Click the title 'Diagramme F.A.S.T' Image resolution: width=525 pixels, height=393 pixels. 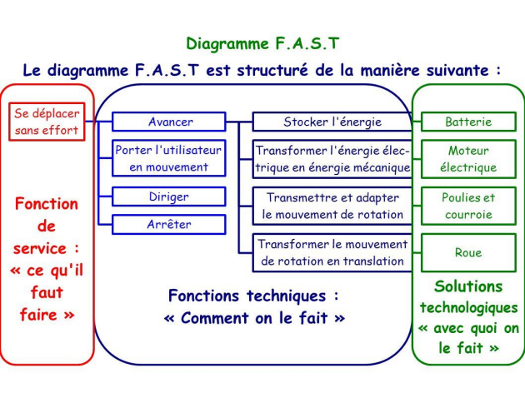click(x=262, y=43)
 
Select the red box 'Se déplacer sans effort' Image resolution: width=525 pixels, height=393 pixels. click(x=47, y=122)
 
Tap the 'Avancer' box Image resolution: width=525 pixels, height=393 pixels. click(x=170, y=122)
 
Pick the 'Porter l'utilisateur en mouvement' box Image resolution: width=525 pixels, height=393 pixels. click(x=170, y=159)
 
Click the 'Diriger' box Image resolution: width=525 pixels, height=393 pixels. click(x=170, y=197)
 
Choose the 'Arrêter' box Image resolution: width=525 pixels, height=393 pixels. click(x=170, y=224)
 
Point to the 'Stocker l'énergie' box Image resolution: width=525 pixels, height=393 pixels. click(x=332, y=122)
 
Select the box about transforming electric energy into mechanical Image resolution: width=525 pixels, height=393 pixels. click(x=332, y=159)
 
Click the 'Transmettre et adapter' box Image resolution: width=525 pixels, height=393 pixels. click(x=332, y=206)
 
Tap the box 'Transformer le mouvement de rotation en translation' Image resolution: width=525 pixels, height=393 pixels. click(x=332, y=252)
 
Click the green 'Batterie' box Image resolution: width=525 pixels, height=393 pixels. click(x=468, y=122)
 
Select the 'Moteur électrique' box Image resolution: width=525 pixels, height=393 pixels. click(x=468, y=159)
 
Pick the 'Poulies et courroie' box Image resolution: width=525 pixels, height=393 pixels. click(x=468, y=206)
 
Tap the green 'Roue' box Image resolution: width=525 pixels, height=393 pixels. click(x=468, y=252)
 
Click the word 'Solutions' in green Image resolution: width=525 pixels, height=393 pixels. click(x=468, y=286)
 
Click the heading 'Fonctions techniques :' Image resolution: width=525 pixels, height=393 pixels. click(x=253, y=296)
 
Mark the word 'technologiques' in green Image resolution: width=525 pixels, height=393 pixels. click(x=468, y=307)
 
